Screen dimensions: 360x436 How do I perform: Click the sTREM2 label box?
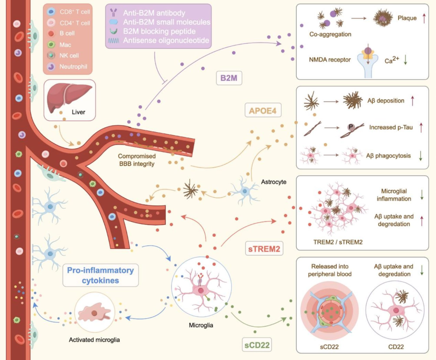point(264,248)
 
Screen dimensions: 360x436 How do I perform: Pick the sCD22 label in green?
point(257,345)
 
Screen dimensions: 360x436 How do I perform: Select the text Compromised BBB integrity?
point(136,160)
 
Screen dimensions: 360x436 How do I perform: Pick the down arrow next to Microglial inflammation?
point(421,194)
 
